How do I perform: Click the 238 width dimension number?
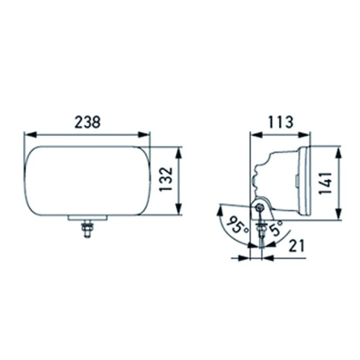point(88,122)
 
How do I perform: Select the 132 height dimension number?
point(167,179)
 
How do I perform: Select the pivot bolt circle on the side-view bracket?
point(260,207)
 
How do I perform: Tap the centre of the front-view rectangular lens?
point(87,181)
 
